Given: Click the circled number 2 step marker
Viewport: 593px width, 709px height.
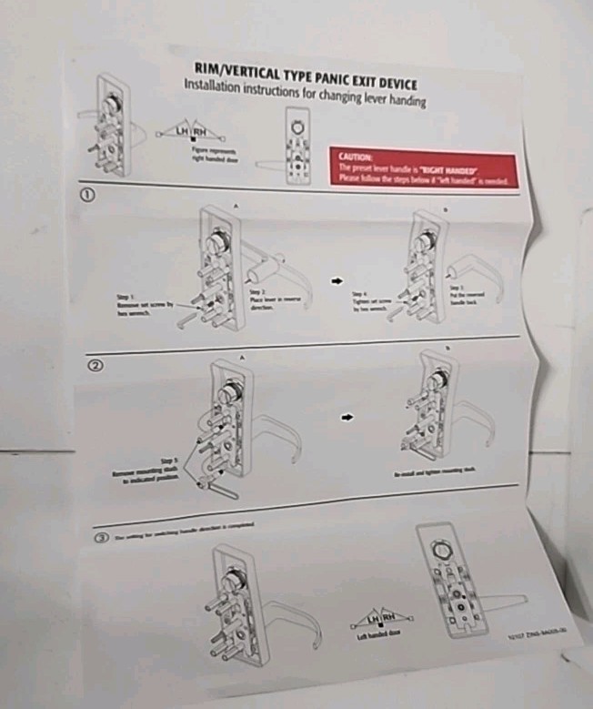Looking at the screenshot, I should [93, 366].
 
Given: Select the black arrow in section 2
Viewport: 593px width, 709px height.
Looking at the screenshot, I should [347, 418].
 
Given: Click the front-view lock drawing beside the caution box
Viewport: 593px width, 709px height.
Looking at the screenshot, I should [296, 146].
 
